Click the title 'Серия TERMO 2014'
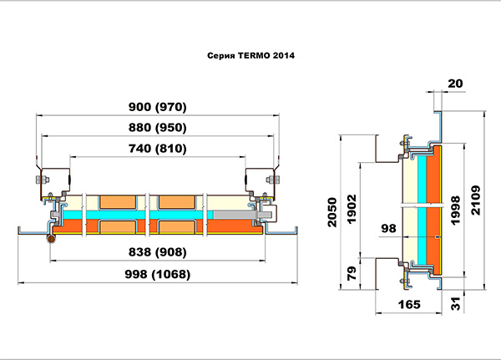click(x=250, y=56)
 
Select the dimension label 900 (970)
click(x=158, y=107)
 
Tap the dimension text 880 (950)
click(x=158, y=128)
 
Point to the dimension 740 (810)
click(x=158, y=149)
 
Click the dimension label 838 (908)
click(x=158, y=252)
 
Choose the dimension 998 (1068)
click(x=158, y=274)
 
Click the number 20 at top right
click(x=455, y=84)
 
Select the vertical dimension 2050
click(x=332, y=212)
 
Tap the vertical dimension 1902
click(x=352, y=209)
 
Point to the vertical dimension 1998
click(x=455, y=210)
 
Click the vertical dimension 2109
click(x=475, y=200)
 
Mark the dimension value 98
click(x=388, y=228)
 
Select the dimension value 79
click(x=352, y=273)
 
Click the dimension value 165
click(x=409, y=304)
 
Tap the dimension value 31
click(x=456, y=303)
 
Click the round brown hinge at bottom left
click(x=51, y=239)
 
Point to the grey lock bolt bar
click(x=234, y=215)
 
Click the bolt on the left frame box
click(x=42, y=180)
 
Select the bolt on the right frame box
click(x=273, y=180)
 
